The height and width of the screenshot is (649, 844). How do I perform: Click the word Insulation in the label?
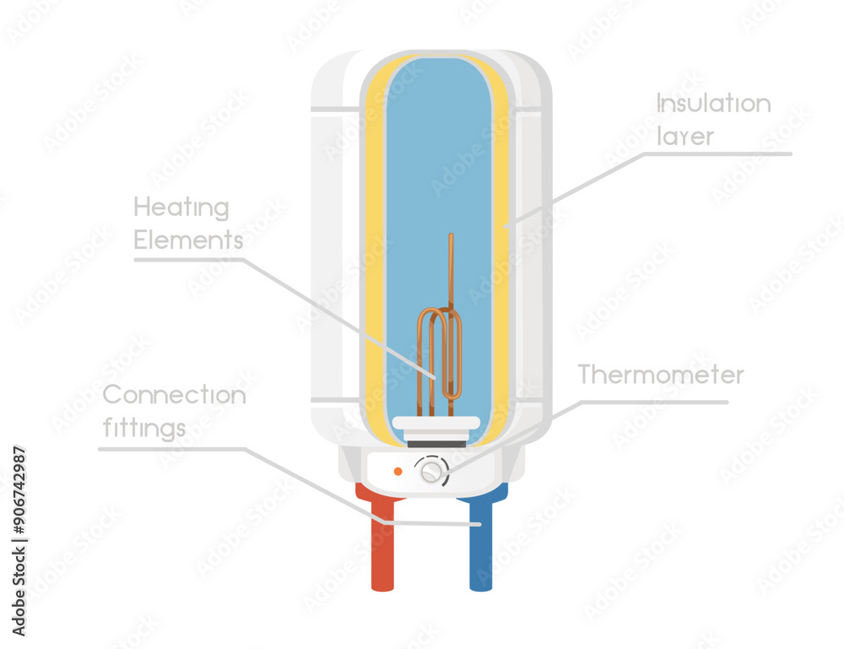[x=713, y=104]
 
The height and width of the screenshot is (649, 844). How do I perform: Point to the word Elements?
[x=188, y=241]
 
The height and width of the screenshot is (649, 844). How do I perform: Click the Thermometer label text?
[x=661, y=375]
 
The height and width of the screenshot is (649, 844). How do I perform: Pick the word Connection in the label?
[x=174, y=395]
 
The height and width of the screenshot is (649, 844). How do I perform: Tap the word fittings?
[x=144, y=428]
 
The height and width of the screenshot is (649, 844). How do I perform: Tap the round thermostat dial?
[x=432, y=470]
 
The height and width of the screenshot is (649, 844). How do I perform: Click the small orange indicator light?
[x=398, y=471]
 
